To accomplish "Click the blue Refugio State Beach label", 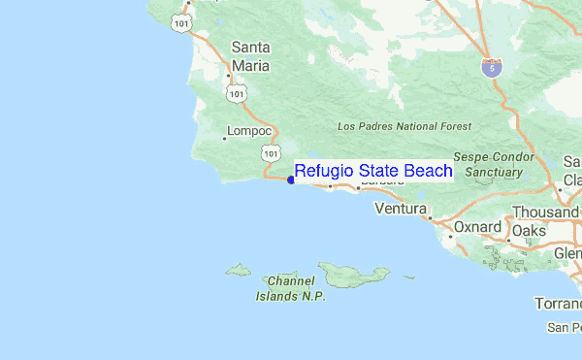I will pyautogui.click(x=373, y=171).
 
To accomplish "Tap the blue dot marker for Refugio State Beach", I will pyautogui.click(x=291, y=180).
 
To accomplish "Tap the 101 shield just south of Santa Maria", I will pyautogui.click(x=236, y=92).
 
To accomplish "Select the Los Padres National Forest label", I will pyautogui.click(x=404, y=126).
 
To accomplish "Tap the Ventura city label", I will pyautogui.click(x=401, y=209).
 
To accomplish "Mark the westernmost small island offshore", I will pyautogui.click(x=239, y=271).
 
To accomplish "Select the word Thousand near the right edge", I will pyautogui.click(x=545, y=212).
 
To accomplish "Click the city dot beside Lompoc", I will pyautogui.click(x=224, y=138).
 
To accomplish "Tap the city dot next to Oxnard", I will pyautogui.click(x=450, y=236).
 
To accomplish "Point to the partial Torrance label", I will pyautogui.click(x=559, y=304).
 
